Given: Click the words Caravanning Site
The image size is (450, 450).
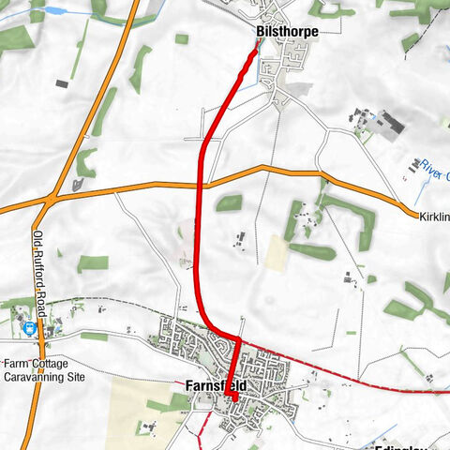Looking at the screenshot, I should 43,377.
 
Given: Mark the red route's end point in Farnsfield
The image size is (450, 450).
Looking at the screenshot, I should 232,400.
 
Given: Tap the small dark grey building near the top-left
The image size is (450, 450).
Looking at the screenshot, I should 62,83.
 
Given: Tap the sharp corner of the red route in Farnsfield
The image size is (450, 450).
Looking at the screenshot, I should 238,338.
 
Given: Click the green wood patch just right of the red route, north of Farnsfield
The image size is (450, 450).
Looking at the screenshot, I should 228,202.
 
